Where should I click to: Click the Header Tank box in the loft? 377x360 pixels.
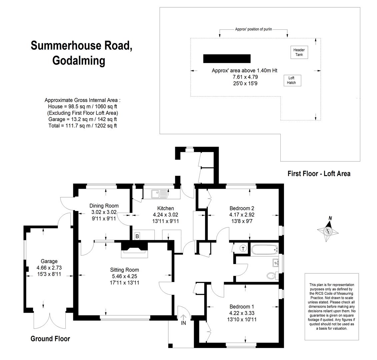coord(299,52)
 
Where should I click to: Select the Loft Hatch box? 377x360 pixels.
coord(292,80)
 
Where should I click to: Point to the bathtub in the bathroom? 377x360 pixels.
coord(265,250)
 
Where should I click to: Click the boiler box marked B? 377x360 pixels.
coord(137,236)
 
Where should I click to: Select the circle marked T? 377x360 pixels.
coord(243,249)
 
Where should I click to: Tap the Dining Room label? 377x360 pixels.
coord(104,206)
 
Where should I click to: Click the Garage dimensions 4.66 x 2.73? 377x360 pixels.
coord(49,268)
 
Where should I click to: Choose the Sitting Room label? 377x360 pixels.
coord(125,270)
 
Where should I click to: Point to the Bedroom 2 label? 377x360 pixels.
coord(242,208)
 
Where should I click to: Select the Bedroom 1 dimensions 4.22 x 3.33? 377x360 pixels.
coord(242,313)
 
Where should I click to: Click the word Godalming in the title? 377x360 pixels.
coord(79,61)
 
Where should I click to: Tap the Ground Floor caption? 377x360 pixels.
coord(50,339)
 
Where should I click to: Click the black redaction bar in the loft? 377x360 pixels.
coord(227,59)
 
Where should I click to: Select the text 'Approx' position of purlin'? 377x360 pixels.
coord(253,29)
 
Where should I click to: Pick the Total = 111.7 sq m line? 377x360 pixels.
coord(82,126)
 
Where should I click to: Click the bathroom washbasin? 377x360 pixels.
coord(275,263)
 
